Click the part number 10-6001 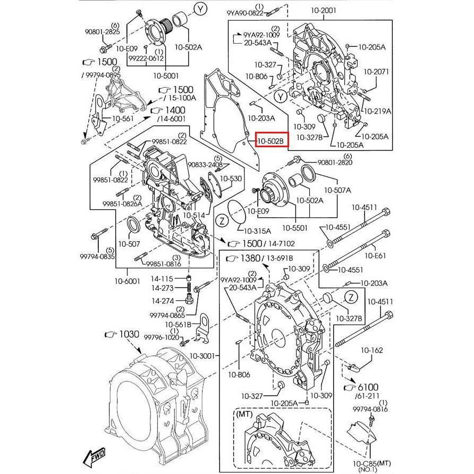pyautogui.click(x=128, y=281)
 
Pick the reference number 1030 pyautogui.click(x=129, y=335)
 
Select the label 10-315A pyautogui.click(x=257, y=231)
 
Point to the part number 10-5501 pyautogui.click(x=295, y=228)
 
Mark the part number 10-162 pyautogui.click(x=371, y=350)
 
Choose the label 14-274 pyautogui.click(x=162, y=301)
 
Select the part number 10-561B pyautogui.click(x=178, y=324)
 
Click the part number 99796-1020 pyautogui.click(x=162, y=337)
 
